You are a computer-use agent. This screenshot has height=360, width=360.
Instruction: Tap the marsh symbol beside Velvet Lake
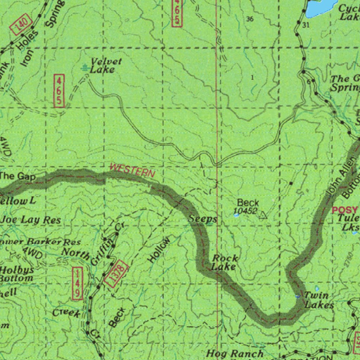coord(85,67)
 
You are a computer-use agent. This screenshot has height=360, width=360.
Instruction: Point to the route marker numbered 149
coord(77,283)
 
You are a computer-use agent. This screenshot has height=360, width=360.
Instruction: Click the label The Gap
coord(18,176)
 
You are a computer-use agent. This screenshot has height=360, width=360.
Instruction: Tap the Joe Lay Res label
coord(31,220)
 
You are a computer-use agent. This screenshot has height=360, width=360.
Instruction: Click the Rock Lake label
coord(224,263)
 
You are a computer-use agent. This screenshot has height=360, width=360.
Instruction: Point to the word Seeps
coord(203,218)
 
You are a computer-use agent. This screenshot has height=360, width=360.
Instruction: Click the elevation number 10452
coord(245,211)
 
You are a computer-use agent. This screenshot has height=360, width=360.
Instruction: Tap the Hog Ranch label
coord(234,353)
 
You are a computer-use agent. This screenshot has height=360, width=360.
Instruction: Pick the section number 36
coord(250,19)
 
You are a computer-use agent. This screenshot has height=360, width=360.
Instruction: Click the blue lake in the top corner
coord(321,7)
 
